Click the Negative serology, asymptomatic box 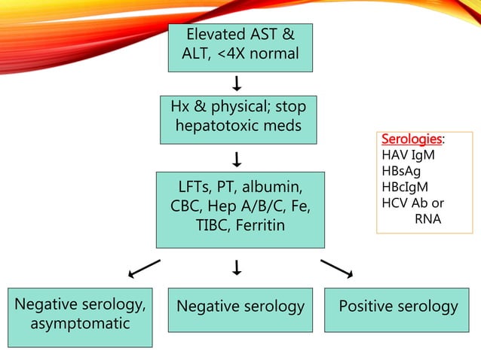coord(80,316)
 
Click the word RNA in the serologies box coord(427,219)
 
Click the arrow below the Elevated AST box coord(237,82)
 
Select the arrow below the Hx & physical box coord(237,159)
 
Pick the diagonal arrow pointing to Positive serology coord(336,268)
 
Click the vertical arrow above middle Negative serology coord(237,267)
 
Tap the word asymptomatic coord(80,325)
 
